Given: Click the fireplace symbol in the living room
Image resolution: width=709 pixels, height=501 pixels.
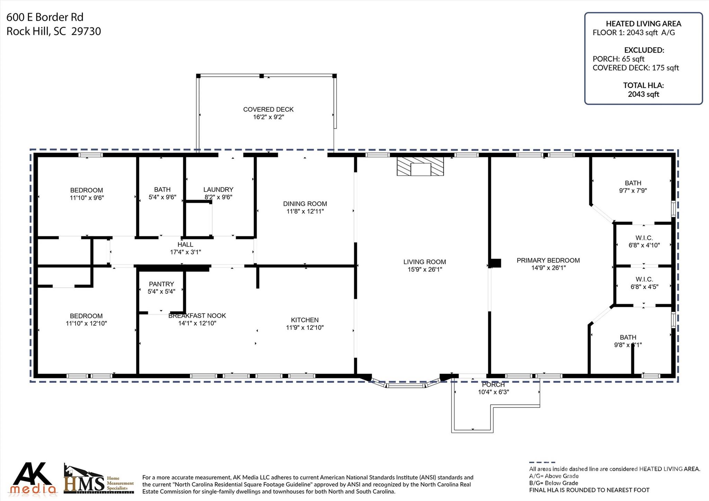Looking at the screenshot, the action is [x=420, y=167].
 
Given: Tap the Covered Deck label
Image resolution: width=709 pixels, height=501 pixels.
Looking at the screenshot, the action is [x=268, y=109].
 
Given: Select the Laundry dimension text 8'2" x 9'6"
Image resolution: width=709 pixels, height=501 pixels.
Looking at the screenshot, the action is [x=218, y=197].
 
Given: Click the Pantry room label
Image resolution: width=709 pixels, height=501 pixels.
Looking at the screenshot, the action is [x=161, y=284].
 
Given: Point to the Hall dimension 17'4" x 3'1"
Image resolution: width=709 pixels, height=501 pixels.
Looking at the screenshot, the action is [x=185, y=252].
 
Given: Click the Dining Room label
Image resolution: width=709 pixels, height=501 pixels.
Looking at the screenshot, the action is [x=305, y=204].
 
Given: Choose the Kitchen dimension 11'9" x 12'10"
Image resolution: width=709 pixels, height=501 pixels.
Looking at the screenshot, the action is [x=305, y=328].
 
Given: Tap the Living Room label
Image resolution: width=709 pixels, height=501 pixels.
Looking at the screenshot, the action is [x=424, y=262].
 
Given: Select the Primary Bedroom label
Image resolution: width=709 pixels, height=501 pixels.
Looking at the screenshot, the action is [x=548, y=260].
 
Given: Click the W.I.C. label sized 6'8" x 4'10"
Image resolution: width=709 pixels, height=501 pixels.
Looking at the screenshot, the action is [x=644, y=238].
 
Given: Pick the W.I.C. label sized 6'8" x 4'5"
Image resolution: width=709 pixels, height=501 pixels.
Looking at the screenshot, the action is [x=644, y=279].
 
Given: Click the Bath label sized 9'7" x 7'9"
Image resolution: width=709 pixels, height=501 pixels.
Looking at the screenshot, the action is [x=633, y=183].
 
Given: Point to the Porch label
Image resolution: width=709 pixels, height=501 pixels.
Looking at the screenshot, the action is [x=493, y=385].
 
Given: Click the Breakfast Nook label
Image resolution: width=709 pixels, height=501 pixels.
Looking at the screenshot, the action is [x=197, y=316].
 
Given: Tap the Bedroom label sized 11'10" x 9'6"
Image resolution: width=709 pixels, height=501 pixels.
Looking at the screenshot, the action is [x=87, y=190].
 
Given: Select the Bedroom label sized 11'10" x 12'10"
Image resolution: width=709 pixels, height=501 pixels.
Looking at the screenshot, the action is [x=86, y=316].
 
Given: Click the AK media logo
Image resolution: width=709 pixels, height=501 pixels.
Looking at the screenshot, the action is [x=33, y=478].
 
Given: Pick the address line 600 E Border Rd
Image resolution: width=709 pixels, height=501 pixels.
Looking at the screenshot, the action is [x=45, y=17].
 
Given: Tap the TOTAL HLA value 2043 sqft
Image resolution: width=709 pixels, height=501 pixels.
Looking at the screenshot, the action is [x=644, y=94].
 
